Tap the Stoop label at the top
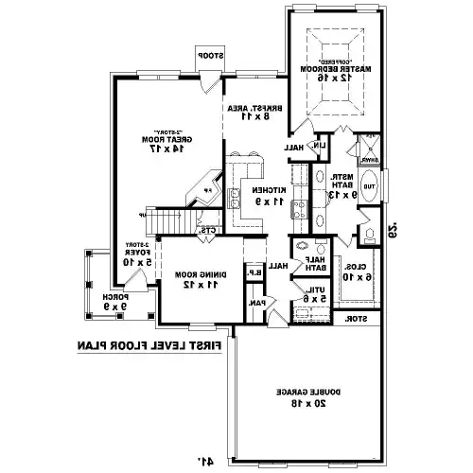pos(209,58)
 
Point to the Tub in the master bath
pos(370,187)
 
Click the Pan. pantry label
pos(255,303)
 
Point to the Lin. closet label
pos(323,144)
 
